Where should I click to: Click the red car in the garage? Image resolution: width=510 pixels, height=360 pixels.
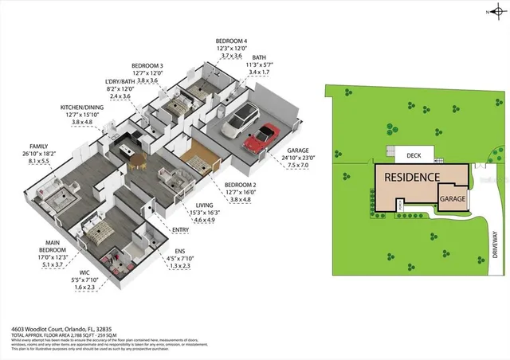[x=262, y=138]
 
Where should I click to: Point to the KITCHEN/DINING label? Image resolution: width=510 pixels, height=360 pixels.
[x=82, y=108]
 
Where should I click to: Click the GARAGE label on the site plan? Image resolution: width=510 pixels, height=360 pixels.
[x=453, y=198]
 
